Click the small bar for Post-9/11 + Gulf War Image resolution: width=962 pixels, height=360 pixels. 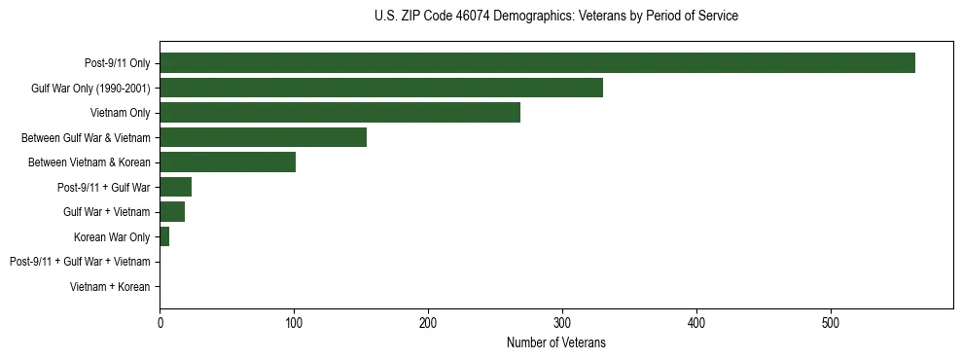point(175,187)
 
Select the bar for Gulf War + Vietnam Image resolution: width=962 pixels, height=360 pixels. point(172,212)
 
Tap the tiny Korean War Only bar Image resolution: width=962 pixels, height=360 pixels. point(164,237)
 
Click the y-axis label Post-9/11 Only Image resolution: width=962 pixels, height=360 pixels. point(118,63)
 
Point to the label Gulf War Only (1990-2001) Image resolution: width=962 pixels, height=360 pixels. point(91,89)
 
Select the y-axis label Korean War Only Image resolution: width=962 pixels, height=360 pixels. point(112,237)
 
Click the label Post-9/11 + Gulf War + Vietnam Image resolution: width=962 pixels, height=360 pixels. point(80,262)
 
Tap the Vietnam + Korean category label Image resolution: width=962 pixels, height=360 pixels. point(110,287)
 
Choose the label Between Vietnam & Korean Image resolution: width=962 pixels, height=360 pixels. point(89,162)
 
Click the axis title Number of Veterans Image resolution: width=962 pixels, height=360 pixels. point(555,342)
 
